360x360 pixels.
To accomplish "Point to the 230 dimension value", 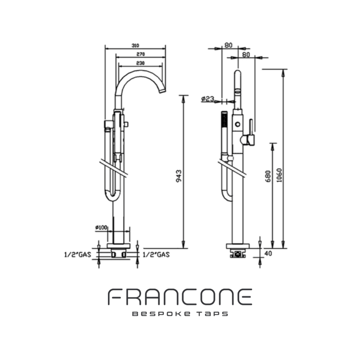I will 140,63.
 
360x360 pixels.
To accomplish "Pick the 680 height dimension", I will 268,179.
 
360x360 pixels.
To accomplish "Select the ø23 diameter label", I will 207,99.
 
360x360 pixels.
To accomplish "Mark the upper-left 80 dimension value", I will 228,45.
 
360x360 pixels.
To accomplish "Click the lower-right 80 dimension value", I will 246,55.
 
